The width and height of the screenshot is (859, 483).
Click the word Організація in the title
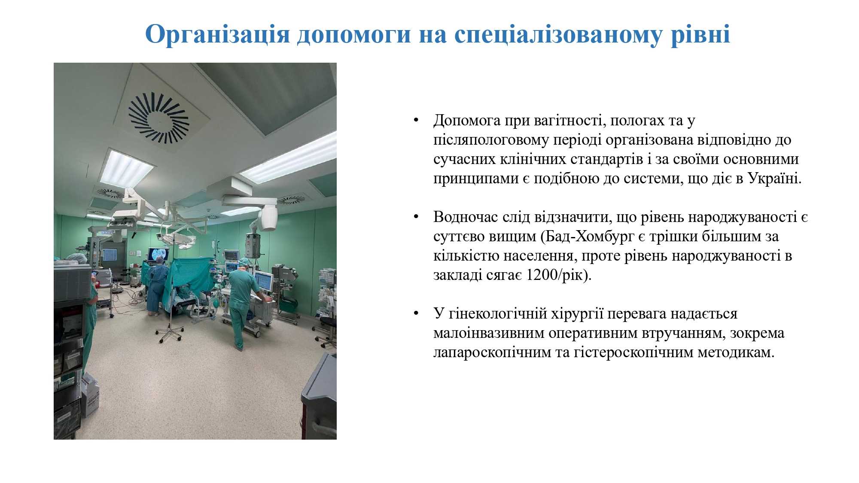(x=218, y=35)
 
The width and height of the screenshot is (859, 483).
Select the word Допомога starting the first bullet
(x=467, y=121)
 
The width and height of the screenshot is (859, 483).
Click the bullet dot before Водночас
(x=416, y=217)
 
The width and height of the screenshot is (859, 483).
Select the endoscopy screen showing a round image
(x=158, y=255)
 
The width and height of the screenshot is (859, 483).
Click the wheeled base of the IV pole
(x=170, y=334)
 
